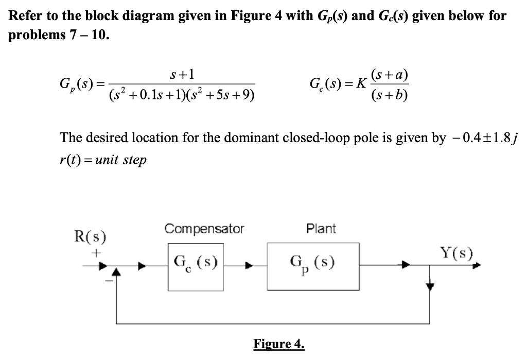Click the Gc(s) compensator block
pos(196,267)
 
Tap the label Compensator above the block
pos(204,229)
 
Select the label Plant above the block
pos(321,229)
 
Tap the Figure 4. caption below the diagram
pos(279,344)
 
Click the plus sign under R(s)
pos(95,253)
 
